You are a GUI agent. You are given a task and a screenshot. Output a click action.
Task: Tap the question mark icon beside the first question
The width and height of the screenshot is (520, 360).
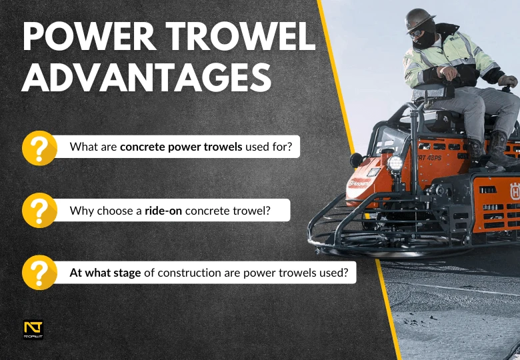click(x=39, y=147)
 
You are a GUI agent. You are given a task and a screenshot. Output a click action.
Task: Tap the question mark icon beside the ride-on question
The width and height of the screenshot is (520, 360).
click(x=39, y=210)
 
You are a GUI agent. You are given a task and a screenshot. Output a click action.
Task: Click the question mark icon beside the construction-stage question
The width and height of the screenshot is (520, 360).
click(x=39, y=273)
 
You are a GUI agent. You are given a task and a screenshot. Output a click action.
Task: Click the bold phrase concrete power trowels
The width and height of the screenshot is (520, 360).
click(x=181, y=147)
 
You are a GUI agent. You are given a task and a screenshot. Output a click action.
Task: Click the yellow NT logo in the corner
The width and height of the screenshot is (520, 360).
click(x=33, y=329)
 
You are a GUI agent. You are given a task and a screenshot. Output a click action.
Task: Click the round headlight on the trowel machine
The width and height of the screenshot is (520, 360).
click(x=395, y=163)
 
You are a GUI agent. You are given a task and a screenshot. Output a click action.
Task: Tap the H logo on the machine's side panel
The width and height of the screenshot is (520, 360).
click(x=514, y=189)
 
